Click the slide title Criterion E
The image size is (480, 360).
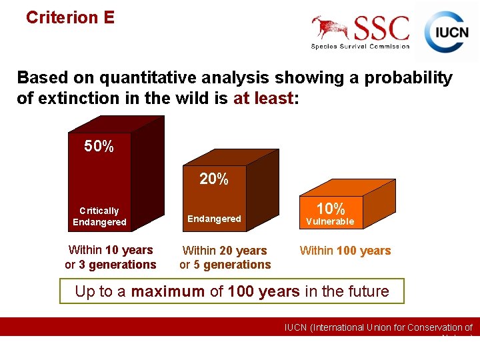pos(70,17)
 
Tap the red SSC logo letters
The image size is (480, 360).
pos(381,29)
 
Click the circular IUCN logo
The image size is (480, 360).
pos(447,31)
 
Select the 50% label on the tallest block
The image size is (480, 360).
pos(99,147)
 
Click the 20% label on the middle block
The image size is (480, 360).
pos(214,179)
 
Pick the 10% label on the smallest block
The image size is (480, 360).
pos(330,209)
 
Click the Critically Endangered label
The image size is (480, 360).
pos(99,216)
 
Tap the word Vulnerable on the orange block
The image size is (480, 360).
pos(330,221)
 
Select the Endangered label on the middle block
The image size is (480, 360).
pos(214,219)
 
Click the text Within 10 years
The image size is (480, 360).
pos(111,250)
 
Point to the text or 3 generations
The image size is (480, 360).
pos(111,265)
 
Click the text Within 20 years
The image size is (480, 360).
pos(225,251)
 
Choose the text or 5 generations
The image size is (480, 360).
pos(225,265)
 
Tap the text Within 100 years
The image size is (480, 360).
pos(345,251)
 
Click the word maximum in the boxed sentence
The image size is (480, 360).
pos(167,291)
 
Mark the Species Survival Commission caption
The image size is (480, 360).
pos(360,46)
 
